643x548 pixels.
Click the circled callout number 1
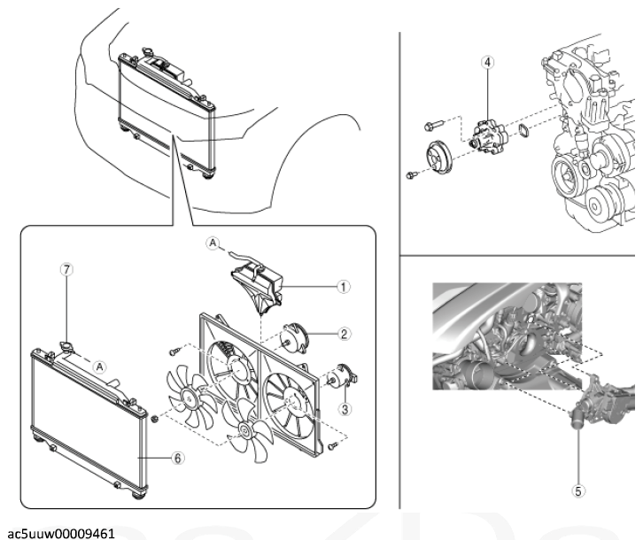coord(344,287)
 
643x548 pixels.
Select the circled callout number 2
coord(344,334)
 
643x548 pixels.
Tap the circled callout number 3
coord(345,409)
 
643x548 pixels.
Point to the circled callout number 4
coord(488,62)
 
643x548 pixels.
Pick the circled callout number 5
coord(578,491)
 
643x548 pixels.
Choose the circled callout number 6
coord(177,458)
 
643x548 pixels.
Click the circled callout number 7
coord(66,270)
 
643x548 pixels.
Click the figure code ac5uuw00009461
coord(61,534)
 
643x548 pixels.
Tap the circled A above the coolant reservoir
coord(213,243)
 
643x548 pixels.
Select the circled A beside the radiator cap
coord(99,367)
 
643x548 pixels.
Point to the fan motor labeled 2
coord(293,336)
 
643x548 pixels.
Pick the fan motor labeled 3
coord(343,376)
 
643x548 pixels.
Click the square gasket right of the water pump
coord(524,130)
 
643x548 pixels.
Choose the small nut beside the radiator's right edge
coord(155,419)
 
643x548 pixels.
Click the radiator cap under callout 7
coord(66,347)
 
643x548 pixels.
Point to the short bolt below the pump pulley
coord(411,175)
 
